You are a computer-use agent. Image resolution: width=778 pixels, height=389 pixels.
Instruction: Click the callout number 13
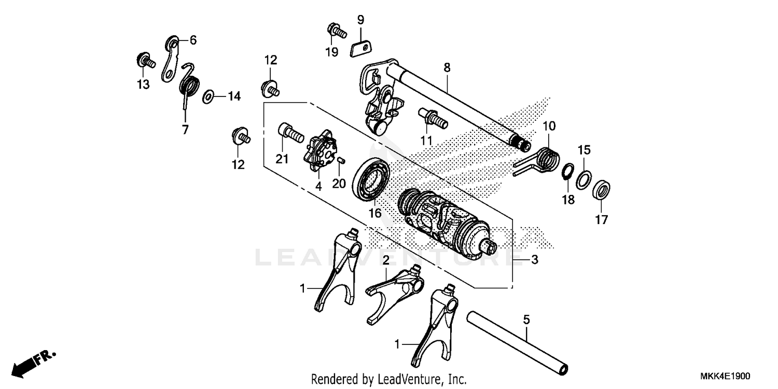143,84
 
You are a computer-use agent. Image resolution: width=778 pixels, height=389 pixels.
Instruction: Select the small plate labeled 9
361,48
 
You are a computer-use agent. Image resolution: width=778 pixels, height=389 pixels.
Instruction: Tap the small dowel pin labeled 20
341,161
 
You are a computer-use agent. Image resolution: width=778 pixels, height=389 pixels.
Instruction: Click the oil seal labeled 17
602,189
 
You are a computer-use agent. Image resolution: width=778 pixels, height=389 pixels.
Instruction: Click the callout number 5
526,320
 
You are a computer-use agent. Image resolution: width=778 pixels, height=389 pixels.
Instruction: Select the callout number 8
447,67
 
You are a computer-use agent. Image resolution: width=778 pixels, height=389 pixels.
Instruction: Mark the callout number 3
534,259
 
